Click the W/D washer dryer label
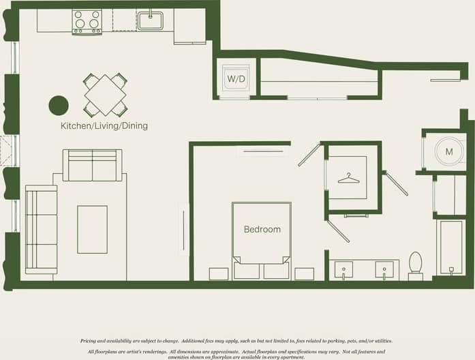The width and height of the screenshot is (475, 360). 236,78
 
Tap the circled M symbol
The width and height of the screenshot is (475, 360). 449,151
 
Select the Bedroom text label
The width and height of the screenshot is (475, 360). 262,229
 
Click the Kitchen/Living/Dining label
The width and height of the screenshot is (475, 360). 104,126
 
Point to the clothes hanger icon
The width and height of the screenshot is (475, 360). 348,178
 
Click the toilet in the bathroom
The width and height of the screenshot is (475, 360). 415,264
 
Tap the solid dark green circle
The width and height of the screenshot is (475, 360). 59,105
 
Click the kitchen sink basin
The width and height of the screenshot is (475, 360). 150,20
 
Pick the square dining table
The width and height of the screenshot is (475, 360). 105,95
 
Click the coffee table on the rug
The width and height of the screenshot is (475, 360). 92,229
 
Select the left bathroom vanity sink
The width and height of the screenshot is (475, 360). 343,269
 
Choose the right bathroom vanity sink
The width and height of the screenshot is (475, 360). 386,269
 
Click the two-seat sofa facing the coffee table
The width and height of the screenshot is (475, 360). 93,166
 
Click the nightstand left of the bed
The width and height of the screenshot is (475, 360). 219,273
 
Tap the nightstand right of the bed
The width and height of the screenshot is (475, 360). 304,273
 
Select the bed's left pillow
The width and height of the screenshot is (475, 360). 247,269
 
